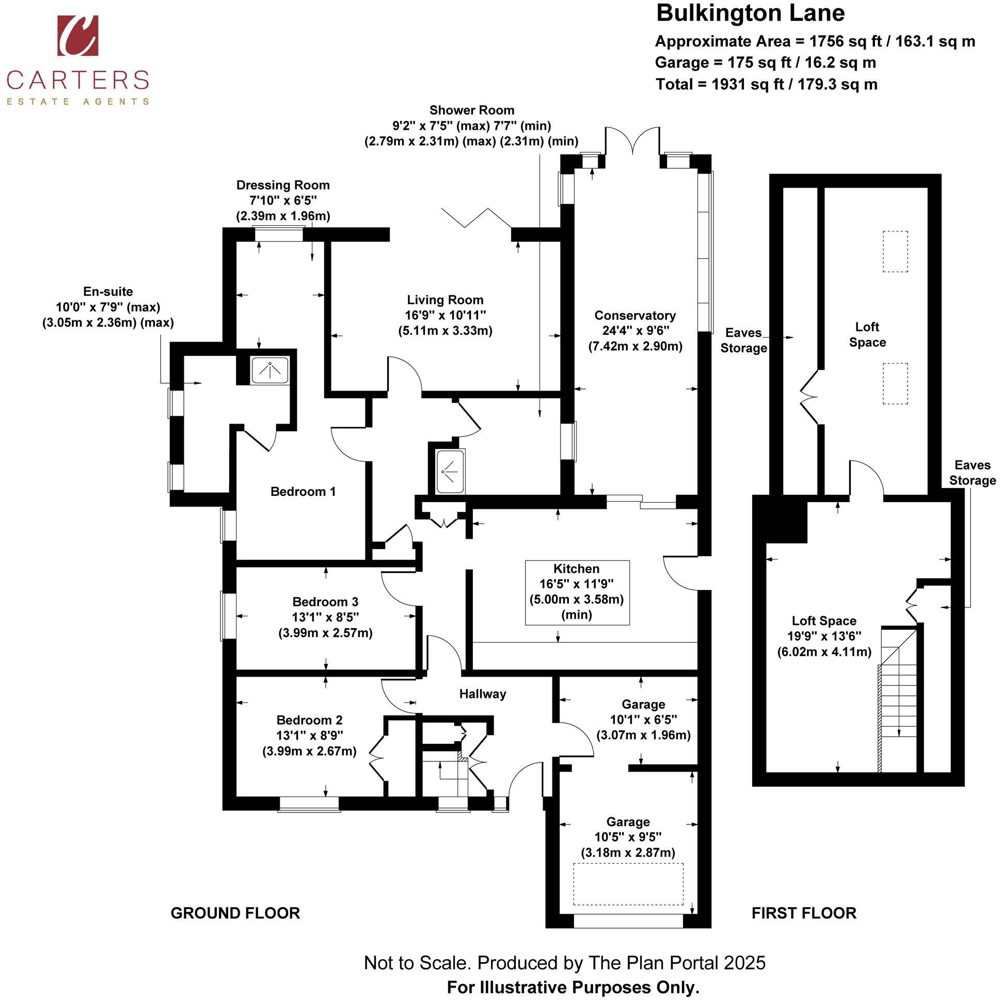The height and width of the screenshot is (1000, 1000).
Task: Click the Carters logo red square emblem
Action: (77, 35)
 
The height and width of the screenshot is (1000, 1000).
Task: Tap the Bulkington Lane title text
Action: (750, 13)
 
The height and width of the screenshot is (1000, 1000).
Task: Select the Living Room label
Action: (445, 300)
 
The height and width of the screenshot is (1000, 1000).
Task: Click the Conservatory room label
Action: (634, 316)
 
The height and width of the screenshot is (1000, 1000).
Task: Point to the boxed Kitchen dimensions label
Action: (577, 592)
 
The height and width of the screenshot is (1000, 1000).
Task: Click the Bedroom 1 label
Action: (303, 491)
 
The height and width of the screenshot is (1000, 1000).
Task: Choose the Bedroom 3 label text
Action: (325, 602)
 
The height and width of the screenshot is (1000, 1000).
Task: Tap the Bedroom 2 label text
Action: (309, 720)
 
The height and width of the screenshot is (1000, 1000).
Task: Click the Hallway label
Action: (482, 694)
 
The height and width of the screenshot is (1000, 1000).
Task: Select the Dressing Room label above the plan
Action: (282, 185)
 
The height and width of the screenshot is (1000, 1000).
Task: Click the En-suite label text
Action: (108, 291)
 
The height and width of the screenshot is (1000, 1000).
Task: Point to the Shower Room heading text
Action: (471, 111)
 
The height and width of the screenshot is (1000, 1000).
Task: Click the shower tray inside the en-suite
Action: (269, 370)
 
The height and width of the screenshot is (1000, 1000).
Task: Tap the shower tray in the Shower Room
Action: (450, 471)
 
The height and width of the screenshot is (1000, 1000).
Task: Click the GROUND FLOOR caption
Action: (235, 913)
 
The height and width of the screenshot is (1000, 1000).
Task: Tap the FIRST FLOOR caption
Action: (803, 913)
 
